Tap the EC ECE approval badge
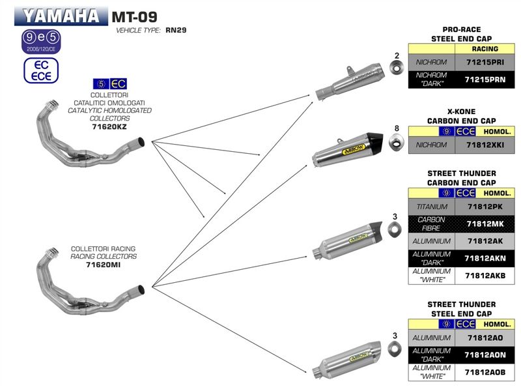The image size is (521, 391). (41, 70)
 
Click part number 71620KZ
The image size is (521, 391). (110, 128)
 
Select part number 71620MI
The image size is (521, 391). (104, 265)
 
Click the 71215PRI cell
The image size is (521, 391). (482, 63)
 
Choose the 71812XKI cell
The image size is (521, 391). (482, 145)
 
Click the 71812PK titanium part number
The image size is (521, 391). (482, 207)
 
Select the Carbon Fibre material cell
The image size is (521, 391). (430, 224)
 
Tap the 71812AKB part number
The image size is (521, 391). (482, 276)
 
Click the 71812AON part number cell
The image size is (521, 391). (482, 355)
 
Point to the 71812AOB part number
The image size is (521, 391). (482, 372)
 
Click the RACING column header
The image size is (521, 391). (482, 49)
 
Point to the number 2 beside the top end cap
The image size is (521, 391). (396, 55)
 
